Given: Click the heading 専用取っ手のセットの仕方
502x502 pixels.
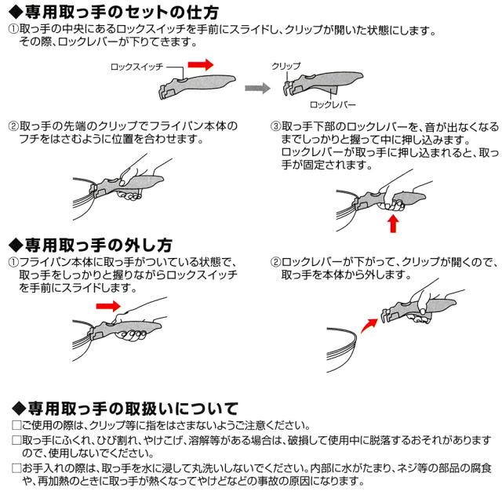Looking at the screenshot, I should point(118,13).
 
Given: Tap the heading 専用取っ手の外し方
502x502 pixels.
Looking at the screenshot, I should point(102,242).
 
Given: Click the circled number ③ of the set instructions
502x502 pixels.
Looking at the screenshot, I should point(276,125).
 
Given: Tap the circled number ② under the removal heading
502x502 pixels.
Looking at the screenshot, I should point(276,261).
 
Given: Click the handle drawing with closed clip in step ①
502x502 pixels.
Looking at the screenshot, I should point(196,81).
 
